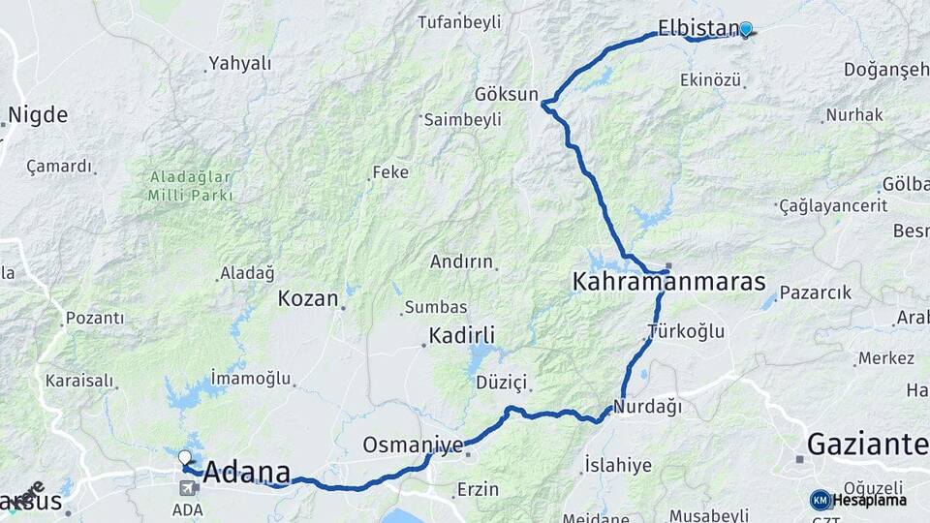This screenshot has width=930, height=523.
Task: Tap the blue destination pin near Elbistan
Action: pyautogui.click(x=745, y=29)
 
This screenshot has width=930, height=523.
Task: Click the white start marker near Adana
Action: pyautogui.click(x=185, y=456)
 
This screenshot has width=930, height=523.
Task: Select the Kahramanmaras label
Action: pyautogui.click(x=668, y=283)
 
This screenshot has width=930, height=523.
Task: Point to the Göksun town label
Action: pyautogui.click(x=506, y=94)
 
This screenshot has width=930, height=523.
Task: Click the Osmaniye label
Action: pyautogui.click(x=413, y=445)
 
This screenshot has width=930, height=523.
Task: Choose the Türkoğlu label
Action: pyautogui.click(x=686, y=331)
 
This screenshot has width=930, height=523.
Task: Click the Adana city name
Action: pyautogui.click(x=247, y=473)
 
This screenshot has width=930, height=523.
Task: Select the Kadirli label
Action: pyautogui.click(x=462, y=336)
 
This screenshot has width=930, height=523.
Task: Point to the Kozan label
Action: pyautogui.click(x=308, y=298)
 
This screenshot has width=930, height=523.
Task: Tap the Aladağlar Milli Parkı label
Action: pyautogui.click(x=191, y=185)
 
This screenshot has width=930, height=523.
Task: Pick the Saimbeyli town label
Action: pyautogui.click(x=464, y=119)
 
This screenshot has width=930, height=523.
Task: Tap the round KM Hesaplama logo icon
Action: pyautogui.click(x=821, y=500)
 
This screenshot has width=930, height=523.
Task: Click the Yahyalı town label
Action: pyautogui.click(x=240, y=64)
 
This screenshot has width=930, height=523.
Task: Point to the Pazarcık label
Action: pyautogui.click(x=816, y=292)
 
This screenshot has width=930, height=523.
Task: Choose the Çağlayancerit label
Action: pyautogui.click(x=834, y=206)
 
